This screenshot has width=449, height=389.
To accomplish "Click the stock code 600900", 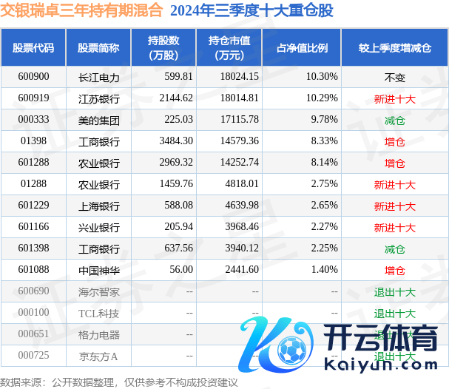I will [x=33, y=76].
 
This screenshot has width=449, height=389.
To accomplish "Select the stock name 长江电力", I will [x=98, y=76].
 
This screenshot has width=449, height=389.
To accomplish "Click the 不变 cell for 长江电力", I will [x=394, y=76].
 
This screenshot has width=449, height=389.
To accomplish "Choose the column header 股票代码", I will [x=33, y=47].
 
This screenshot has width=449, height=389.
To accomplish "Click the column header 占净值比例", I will [x=302, y=47].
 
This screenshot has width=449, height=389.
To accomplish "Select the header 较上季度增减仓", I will [x=394, y=47].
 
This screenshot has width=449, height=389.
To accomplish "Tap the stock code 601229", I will [x=33, y=206].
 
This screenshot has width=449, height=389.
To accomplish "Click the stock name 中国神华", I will [x=98, y=271].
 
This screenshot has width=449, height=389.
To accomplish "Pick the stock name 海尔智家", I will [x=98, y=292].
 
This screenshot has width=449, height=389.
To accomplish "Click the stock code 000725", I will [x=33, y=356].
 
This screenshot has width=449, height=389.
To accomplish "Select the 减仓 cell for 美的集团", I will [x=394, y=119].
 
